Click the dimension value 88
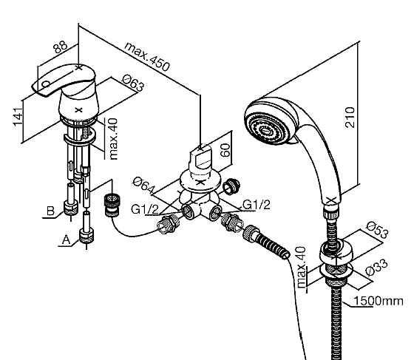tap(60, 47)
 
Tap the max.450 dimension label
tap(147, 57)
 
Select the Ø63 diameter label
tap(134, 82)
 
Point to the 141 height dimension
tap(18, 117)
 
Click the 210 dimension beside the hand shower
tap(350, 118)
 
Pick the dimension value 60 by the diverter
tap(225, 150)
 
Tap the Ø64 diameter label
tap(144, 185)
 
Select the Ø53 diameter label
tap(378, 229)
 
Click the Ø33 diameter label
tap(377, 267)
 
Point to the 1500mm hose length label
tap(379, 301)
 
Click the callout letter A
tap(67, 240)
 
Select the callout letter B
tap(50, 211)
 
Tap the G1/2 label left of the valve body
tap(145, 209)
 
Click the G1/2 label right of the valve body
tap(257, 205)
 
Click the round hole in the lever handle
tap(46, 84)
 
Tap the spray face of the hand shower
tap(267, 126)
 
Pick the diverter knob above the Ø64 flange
tap(200, 159)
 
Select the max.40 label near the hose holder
tap(301, 267)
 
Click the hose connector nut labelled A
tap(86, 235)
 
